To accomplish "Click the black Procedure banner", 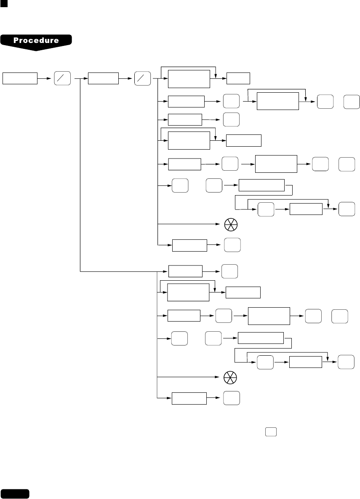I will point(36,41).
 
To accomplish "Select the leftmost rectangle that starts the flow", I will point(20,78).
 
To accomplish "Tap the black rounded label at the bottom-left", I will point(15,494).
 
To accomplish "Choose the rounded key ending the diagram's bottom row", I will point(232,398).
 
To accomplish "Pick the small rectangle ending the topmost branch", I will point(238,79).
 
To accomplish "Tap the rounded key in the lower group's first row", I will point(229,271).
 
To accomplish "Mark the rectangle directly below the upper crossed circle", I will point(189,245).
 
